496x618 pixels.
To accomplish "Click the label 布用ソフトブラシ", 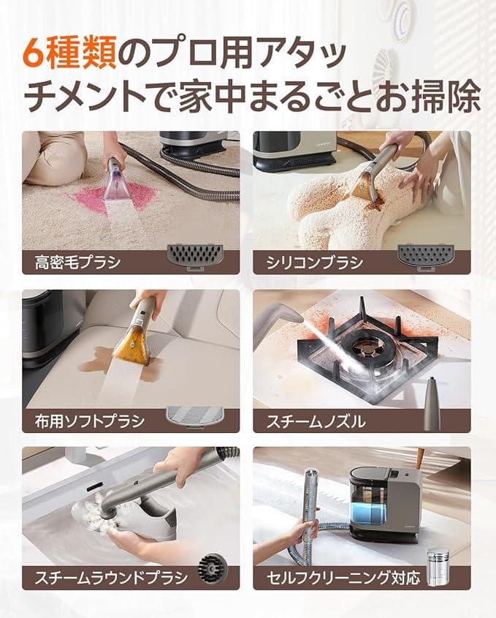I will (90, 420).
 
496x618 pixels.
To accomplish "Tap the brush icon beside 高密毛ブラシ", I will (194, 257).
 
